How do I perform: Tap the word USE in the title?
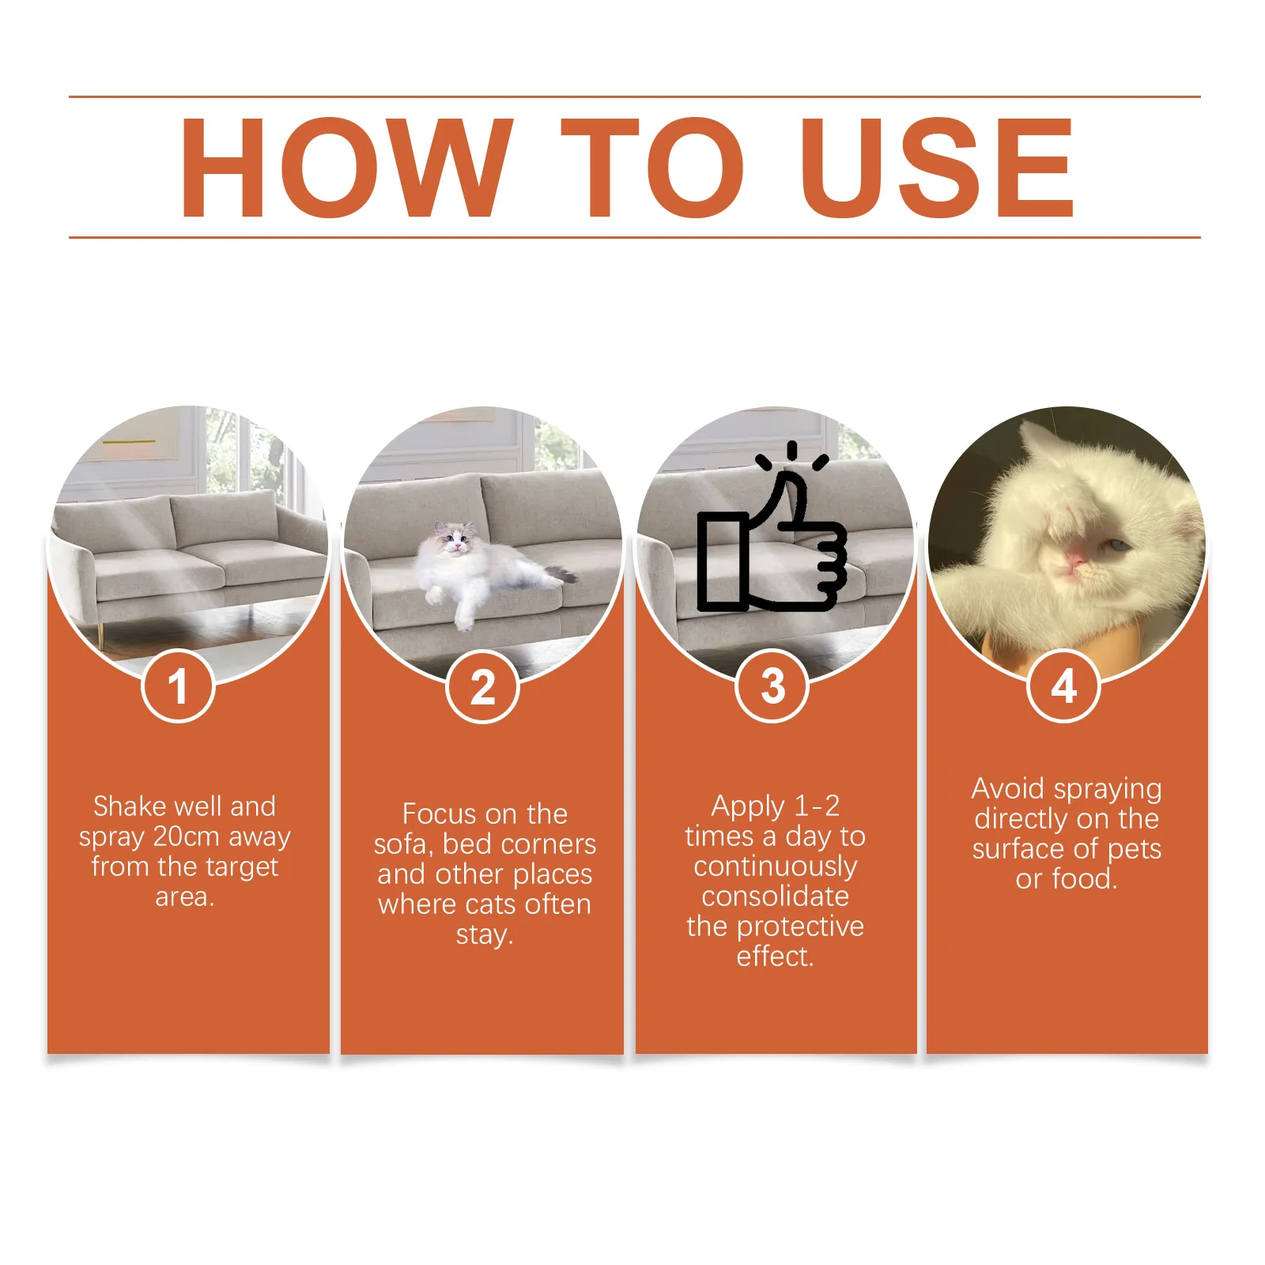pyautogui.click(x=938, y=168)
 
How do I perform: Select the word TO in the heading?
pyautogui.click(x=651, y=168)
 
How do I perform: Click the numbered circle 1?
pyautogui.click(x=178, y=685)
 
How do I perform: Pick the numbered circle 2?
pyautogui.click(x=482, y=685)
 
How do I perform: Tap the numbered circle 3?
pyautogui.click(x=772, y=685)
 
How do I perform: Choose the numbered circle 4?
pyautogui.click(x=1063, y=685)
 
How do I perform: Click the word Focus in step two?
pyautogui.click(x=437, y=814)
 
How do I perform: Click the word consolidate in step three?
pyautogui.click(x=775, y=897)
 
